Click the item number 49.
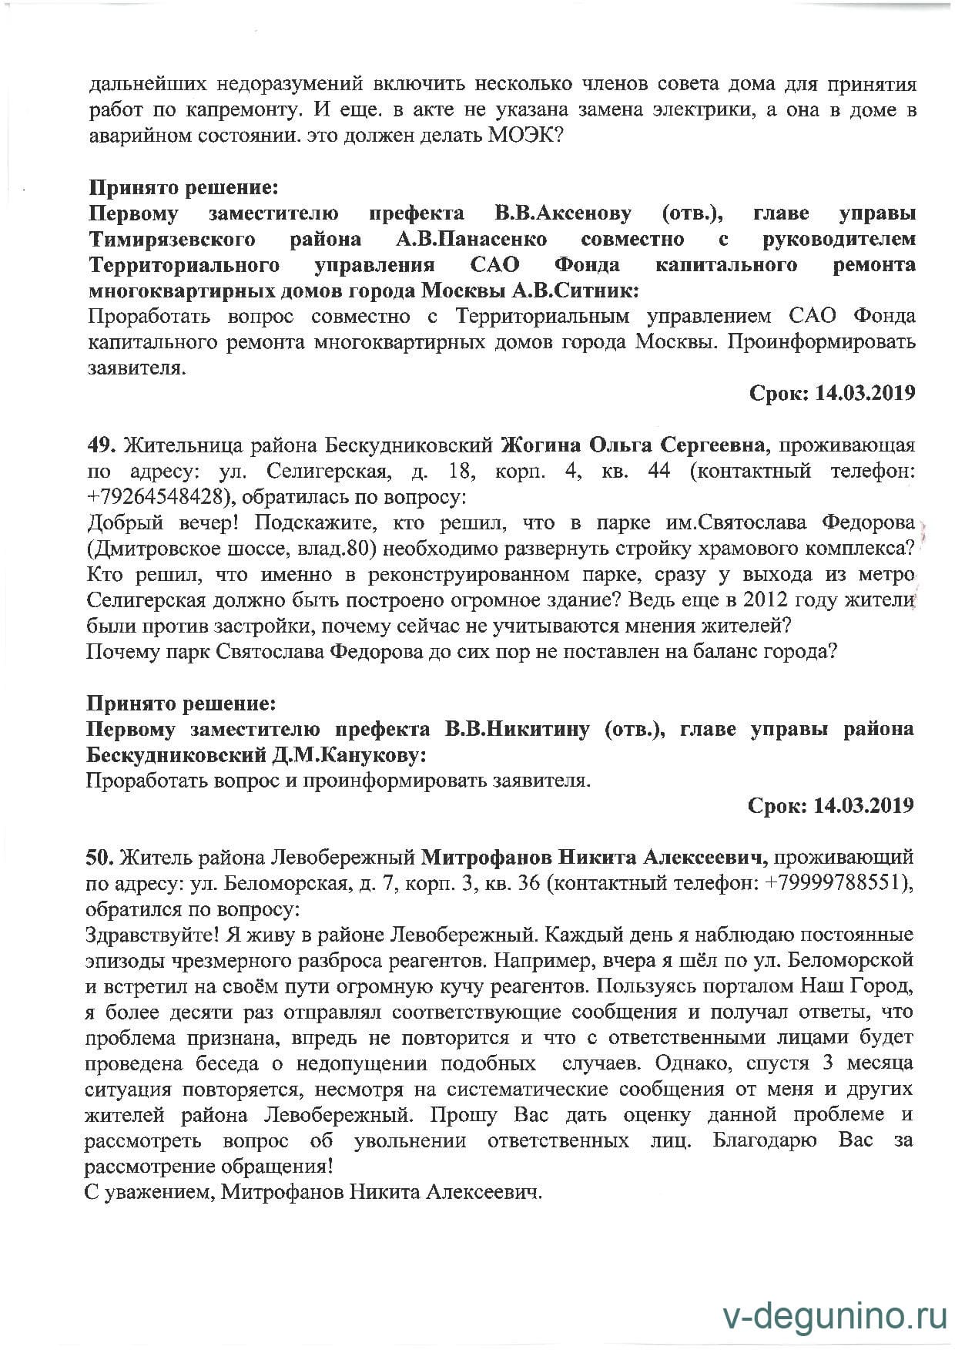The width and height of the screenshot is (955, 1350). [101, 445]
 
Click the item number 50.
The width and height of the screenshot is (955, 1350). [100, 857]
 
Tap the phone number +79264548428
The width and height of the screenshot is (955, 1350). [159, 496]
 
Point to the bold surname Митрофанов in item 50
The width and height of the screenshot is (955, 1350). [486, 857]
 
